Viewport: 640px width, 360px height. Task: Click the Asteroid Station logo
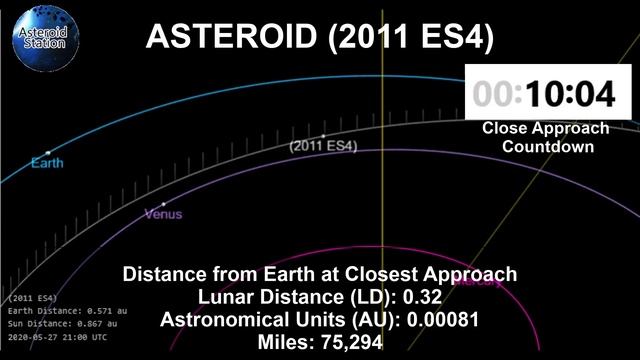[x=43, y=40]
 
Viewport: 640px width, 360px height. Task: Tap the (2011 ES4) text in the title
[x=410, y=37]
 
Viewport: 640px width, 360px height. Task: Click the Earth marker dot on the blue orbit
[x=46, y=152]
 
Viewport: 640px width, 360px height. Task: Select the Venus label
[x=164, y=214]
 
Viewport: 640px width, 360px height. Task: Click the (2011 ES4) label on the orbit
[x=323, y=146]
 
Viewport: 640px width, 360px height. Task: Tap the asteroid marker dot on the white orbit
[x=323, y=135]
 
